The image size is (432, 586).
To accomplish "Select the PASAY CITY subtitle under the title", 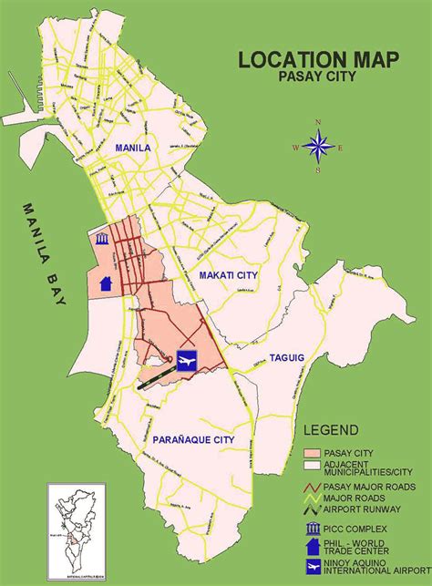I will coord(315,77).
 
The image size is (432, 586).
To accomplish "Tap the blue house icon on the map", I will coord(106,282).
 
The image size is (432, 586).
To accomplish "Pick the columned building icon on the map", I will coord(101,239).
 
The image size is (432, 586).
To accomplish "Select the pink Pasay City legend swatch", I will coord(313,453).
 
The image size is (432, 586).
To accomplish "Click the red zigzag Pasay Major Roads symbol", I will coord(313,487).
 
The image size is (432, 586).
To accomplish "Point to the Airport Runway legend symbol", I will coord(313,510).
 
